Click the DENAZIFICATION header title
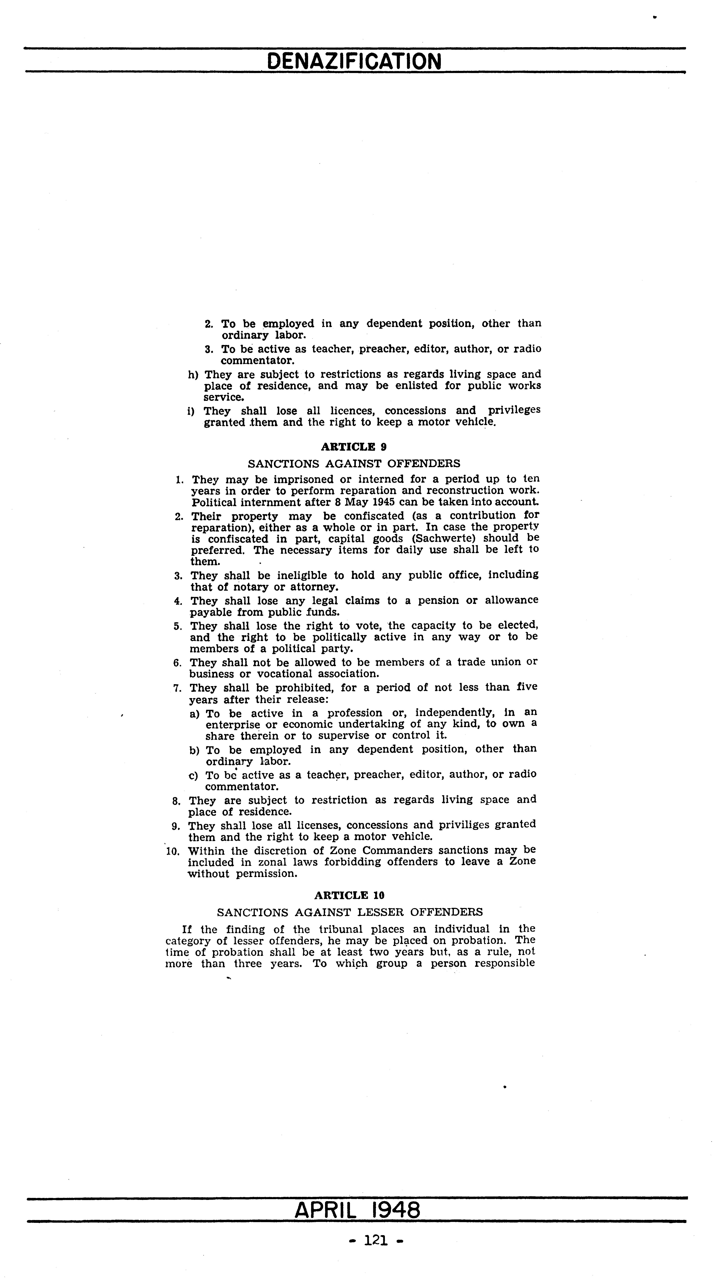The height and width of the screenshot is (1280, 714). click(x=354, y=62)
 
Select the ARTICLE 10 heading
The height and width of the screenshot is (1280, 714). click(x=350, y=895)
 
